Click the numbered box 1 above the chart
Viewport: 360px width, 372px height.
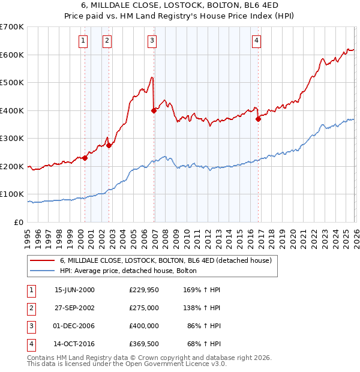click(82, 41)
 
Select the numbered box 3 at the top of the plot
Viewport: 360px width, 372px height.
click(152, 41)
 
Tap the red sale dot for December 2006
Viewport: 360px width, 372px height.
click(154, 110)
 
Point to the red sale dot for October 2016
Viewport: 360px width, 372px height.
click(259, 119)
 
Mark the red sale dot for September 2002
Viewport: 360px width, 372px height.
click(109, 145)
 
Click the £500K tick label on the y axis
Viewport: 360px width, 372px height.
click(12, 83)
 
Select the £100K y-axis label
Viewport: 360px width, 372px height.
click(12, 194)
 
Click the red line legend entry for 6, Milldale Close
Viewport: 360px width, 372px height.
click(166, 260)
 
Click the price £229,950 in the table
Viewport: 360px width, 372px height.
click(144, 290)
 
